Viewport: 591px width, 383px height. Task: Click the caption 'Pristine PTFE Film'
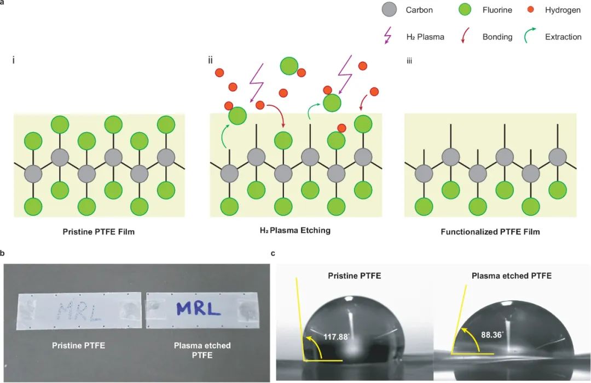[x=99, y=232]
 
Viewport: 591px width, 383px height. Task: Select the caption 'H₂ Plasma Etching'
[x=295, y=231]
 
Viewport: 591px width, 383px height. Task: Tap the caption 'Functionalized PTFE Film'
[x=490, y=232]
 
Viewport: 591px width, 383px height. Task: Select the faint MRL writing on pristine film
[x=78, y=310]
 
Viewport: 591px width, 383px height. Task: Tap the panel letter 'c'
[x=273, y=254]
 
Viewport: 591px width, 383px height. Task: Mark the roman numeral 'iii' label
[x=409, y=61]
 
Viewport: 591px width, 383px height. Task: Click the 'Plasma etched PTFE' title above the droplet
[x=511, y=276]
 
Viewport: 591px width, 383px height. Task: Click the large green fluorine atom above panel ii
[x=289, y=66]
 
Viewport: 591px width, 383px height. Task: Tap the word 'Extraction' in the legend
[x=563, y=37]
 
